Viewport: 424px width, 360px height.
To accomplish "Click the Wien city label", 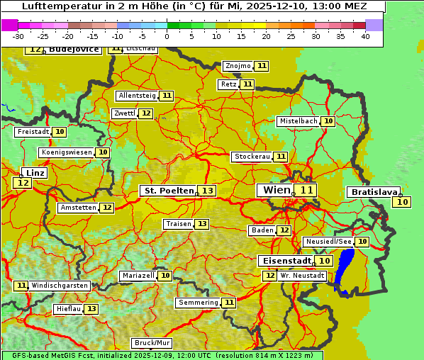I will pyautogui.click(x=277, y=190).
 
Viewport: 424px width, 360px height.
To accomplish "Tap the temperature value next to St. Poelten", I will pyautogui.click(x=207, y=191).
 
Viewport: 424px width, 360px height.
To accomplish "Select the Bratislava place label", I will pyautogui.click(x=374, y=192).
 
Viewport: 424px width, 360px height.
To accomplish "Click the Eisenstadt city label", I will pyautogui.click(x=284, y=261).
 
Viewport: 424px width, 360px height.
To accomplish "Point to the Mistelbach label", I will pyautogui.click(x=298, y=121).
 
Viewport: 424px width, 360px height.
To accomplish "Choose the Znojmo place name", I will pyautogui.click(x=238, y=66).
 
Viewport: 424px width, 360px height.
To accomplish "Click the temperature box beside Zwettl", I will pyautogui.click(x=146, y=113).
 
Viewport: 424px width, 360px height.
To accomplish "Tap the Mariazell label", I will pyautogui.click(x=138, y=276).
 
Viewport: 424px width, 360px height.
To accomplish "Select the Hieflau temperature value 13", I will pyautogui.click(x=91, y=309).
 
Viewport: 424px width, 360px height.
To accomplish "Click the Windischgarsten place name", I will pyautogui.click(x=60, y=286).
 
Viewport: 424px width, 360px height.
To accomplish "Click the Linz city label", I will pyautogui.click(x=35, y=173).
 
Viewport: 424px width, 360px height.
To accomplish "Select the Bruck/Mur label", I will pyautogui.click(x=152, y=343).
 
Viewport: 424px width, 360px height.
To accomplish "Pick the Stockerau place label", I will pyautogui.click(x=252, y=157).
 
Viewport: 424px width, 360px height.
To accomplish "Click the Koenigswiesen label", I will pyautogui.click(x=67, y=152).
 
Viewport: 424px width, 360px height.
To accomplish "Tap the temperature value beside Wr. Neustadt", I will pyautogui.click(x=269, y=276).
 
